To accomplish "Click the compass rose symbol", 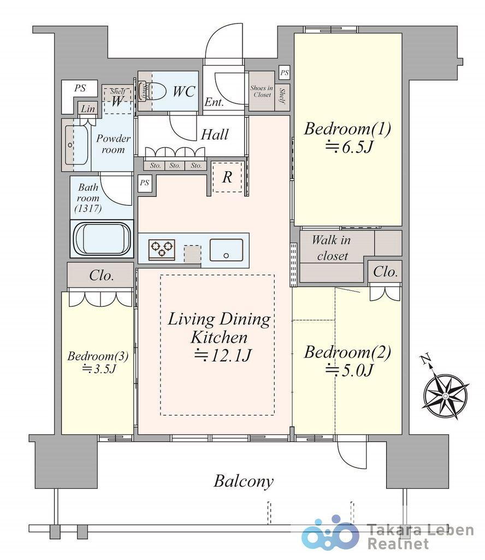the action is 446,396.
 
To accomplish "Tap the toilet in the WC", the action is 158,91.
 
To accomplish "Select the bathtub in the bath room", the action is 102,239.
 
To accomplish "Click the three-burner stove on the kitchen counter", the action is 162,249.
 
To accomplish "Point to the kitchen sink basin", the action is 226,249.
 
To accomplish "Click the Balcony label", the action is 244,481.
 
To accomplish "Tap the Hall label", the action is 215,135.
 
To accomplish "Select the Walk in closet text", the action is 332,248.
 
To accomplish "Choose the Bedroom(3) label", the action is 98,355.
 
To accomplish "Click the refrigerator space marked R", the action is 227,177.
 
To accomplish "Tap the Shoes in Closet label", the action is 262,91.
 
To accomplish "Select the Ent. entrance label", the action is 214,102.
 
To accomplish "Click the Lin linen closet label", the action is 88,109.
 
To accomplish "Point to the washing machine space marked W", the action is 117,101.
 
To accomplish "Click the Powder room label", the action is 114,144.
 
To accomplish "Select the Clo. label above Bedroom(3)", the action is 102,275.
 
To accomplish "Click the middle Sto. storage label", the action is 175,166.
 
